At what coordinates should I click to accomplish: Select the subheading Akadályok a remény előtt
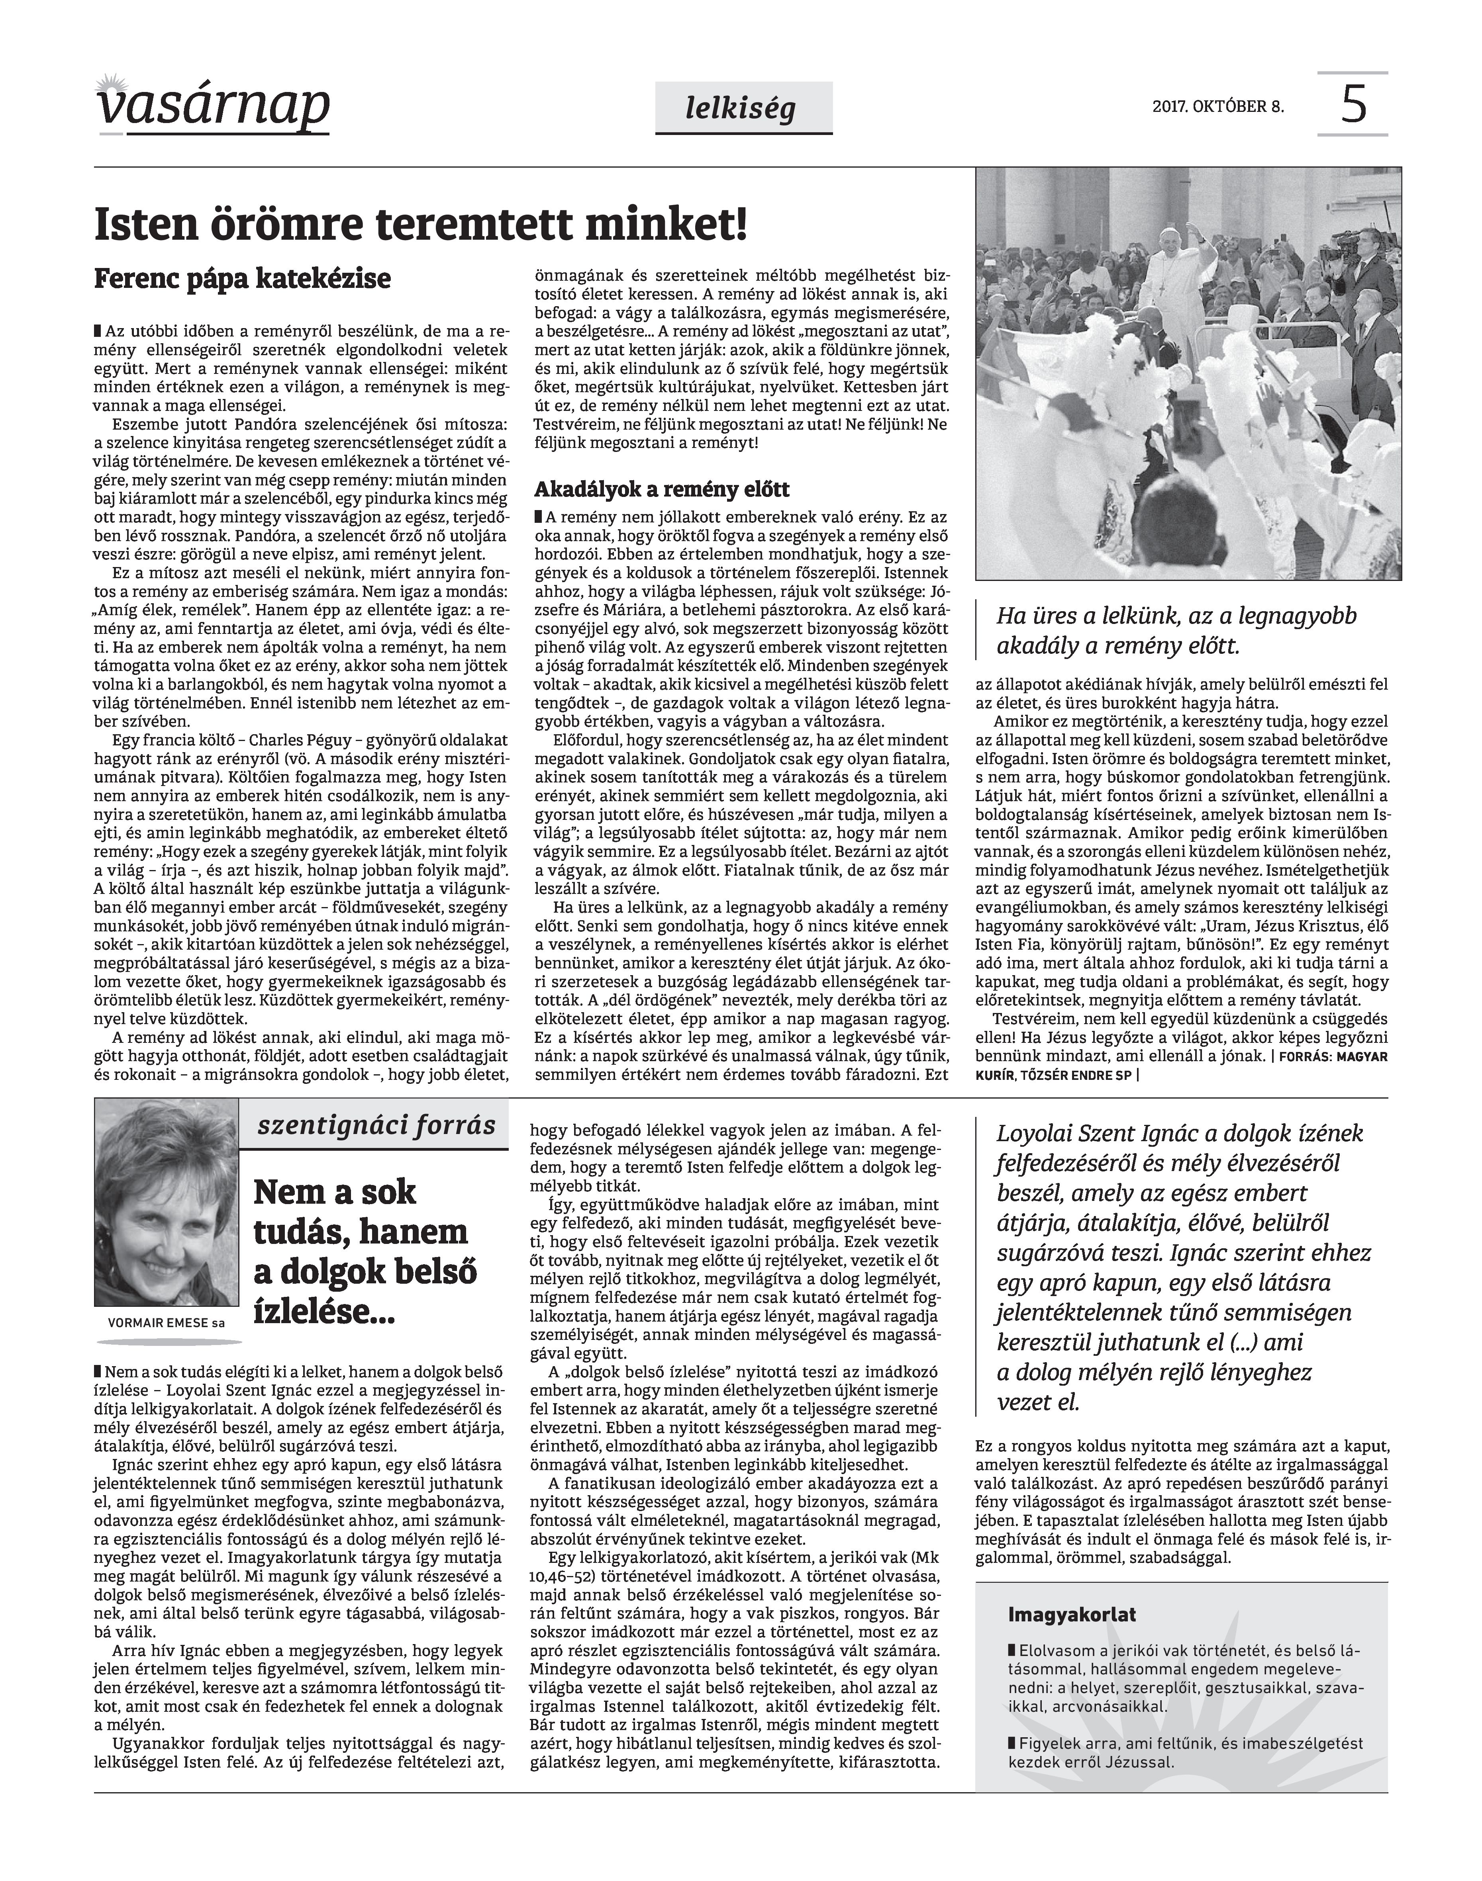click(x=661, y=489)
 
